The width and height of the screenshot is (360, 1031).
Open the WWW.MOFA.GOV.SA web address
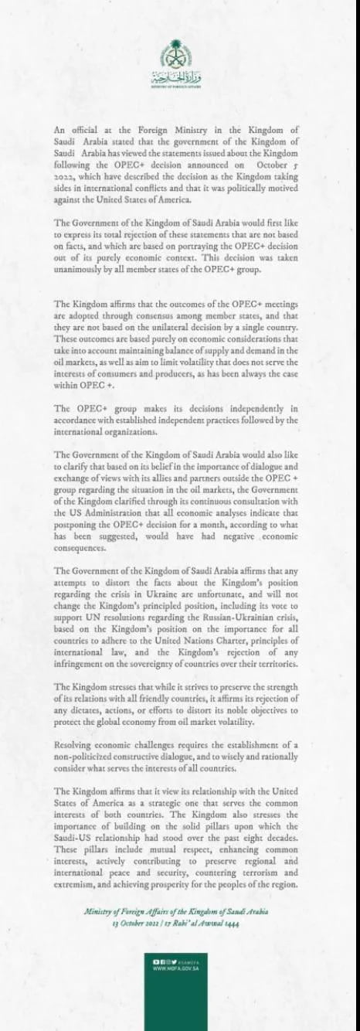177,967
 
